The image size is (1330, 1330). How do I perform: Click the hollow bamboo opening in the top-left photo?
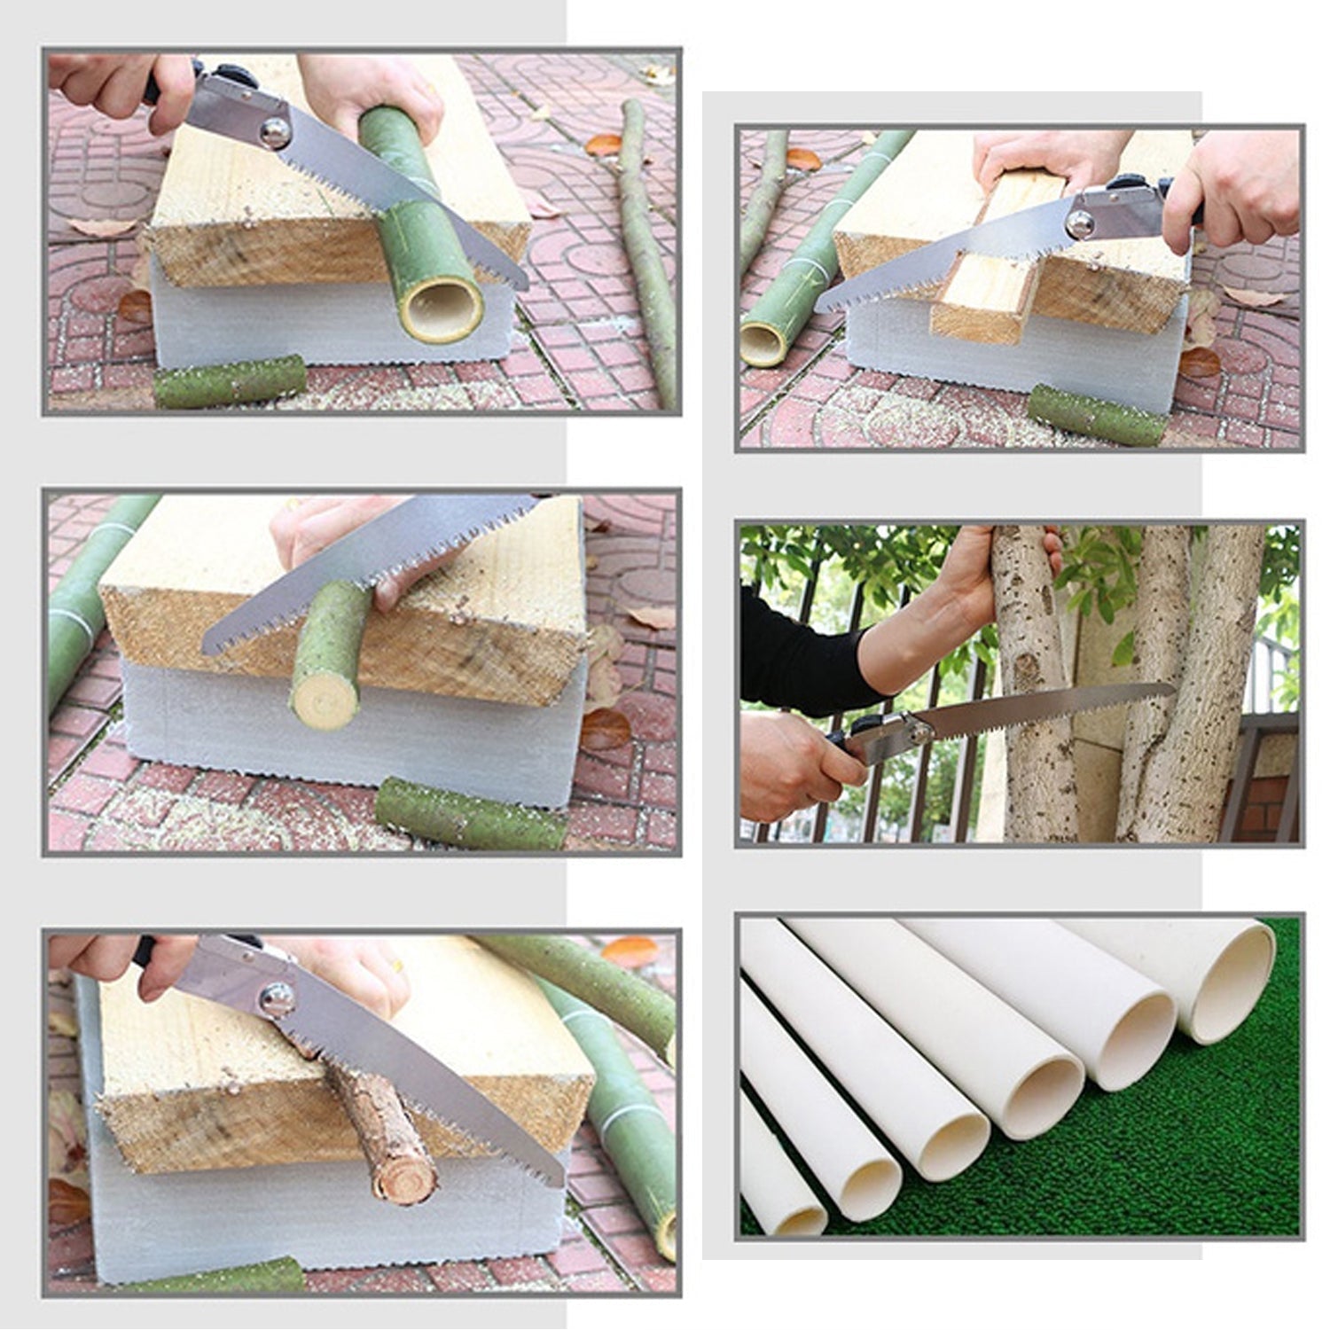(x=441, y=312)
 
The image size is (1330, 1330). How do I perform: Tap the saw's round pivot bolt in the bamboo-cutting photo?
(x=276, y=131)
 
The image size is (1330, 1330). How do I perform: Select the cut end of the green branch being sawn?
(x=325, y=697)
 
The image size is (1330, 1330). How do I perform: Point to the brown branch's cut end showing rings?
(x=403, y=1170)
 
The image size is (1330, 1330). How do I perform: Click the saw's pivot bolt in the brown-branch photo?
(x=278, y=999)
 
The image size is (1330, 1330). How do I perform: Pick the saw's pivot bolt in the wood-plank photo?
(x=1083, y=221)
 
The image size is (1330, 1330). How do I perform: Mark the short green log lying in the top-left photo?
(x=231, y=381)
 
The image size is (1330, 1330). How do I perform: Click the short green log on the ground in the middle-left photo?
(x=470, y=812)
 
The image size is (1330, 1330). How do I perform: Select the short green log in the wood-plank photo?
(x=1098, y=415)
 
